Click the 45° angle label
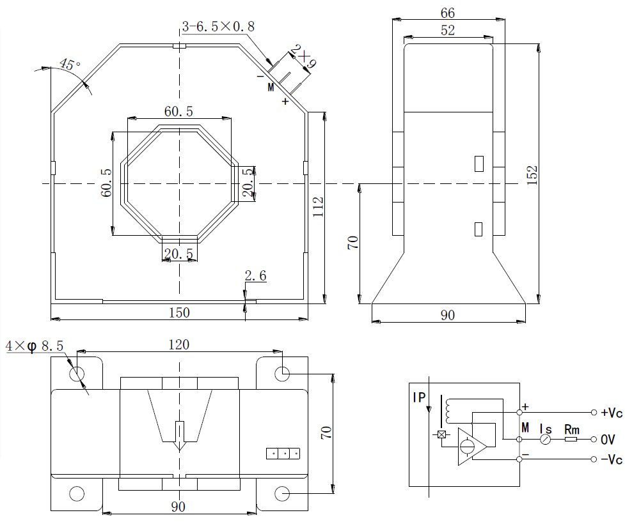[x=70, y=65]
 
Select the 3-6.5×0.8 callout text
[x=218, y=26]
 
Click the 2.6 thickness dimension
[x=255, y=276]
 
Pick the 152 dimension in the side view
[x=533, y=176]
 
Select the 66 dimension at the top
[x=448, y=13]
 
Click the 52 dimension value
[x=448, y=30]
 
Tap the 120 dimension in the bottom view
[x=178, y=344]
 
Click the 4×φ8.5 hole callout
[x=35, y=346]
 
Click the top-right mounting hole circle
[x=282, y=373]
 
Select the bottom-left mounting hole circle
[x=76, y=493]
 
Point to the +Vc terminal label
[x=611, y=412]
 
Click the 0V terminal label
[x=608, y=440]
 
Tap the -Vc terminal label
[x=611, y=459]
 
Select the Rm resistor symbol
[x=571, y=440]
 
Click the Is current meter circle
[x=545, y=440]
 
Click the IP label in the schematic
[x=419, y=397]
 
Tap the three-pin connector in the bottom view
[x=283, y=454]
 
